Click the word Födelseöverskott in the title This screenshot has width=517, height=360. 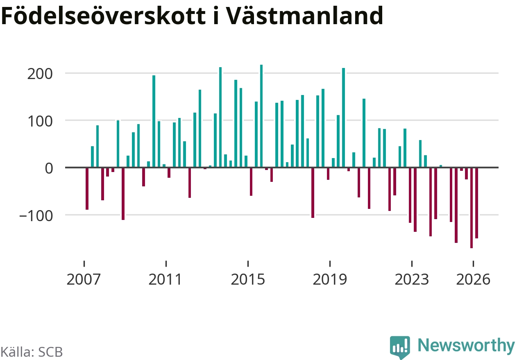coord(103,16)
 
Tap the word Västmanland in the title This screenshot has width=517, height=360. coord(304,16)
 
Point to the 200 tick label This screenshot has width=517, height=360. coord(40,74)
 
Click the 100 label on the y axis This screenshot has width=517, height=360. coord(40,122)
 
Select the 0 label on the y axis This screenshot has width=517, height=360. coord(49,169)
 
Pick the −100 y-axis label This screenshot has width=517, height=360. coord(36,216)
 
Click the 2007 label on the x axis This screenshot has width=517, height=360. coord(84,279)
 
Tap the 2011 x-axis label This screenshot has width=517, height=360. coord(166,279)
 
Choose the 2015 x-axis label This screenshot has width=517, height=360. coord(248,279)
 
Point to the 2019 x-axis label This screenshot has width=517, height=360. coord(330,279)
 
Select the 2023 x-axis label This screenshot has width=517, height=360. coord(412,279)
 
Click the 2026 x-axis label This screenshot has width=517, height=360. coord(473,279)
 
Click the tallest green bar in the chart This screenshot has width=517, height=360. coord(261,116)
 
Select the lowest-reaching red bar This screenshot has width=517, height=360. coord(472,208)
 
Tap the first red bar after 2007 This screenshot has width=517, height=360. coord(87,189)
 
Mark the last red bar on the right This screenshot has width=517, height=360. coord(476,203)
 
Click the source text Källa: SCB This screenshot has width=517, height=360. coord(32,352)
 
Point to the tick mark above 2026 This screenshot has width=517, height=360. coord(474,264)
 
